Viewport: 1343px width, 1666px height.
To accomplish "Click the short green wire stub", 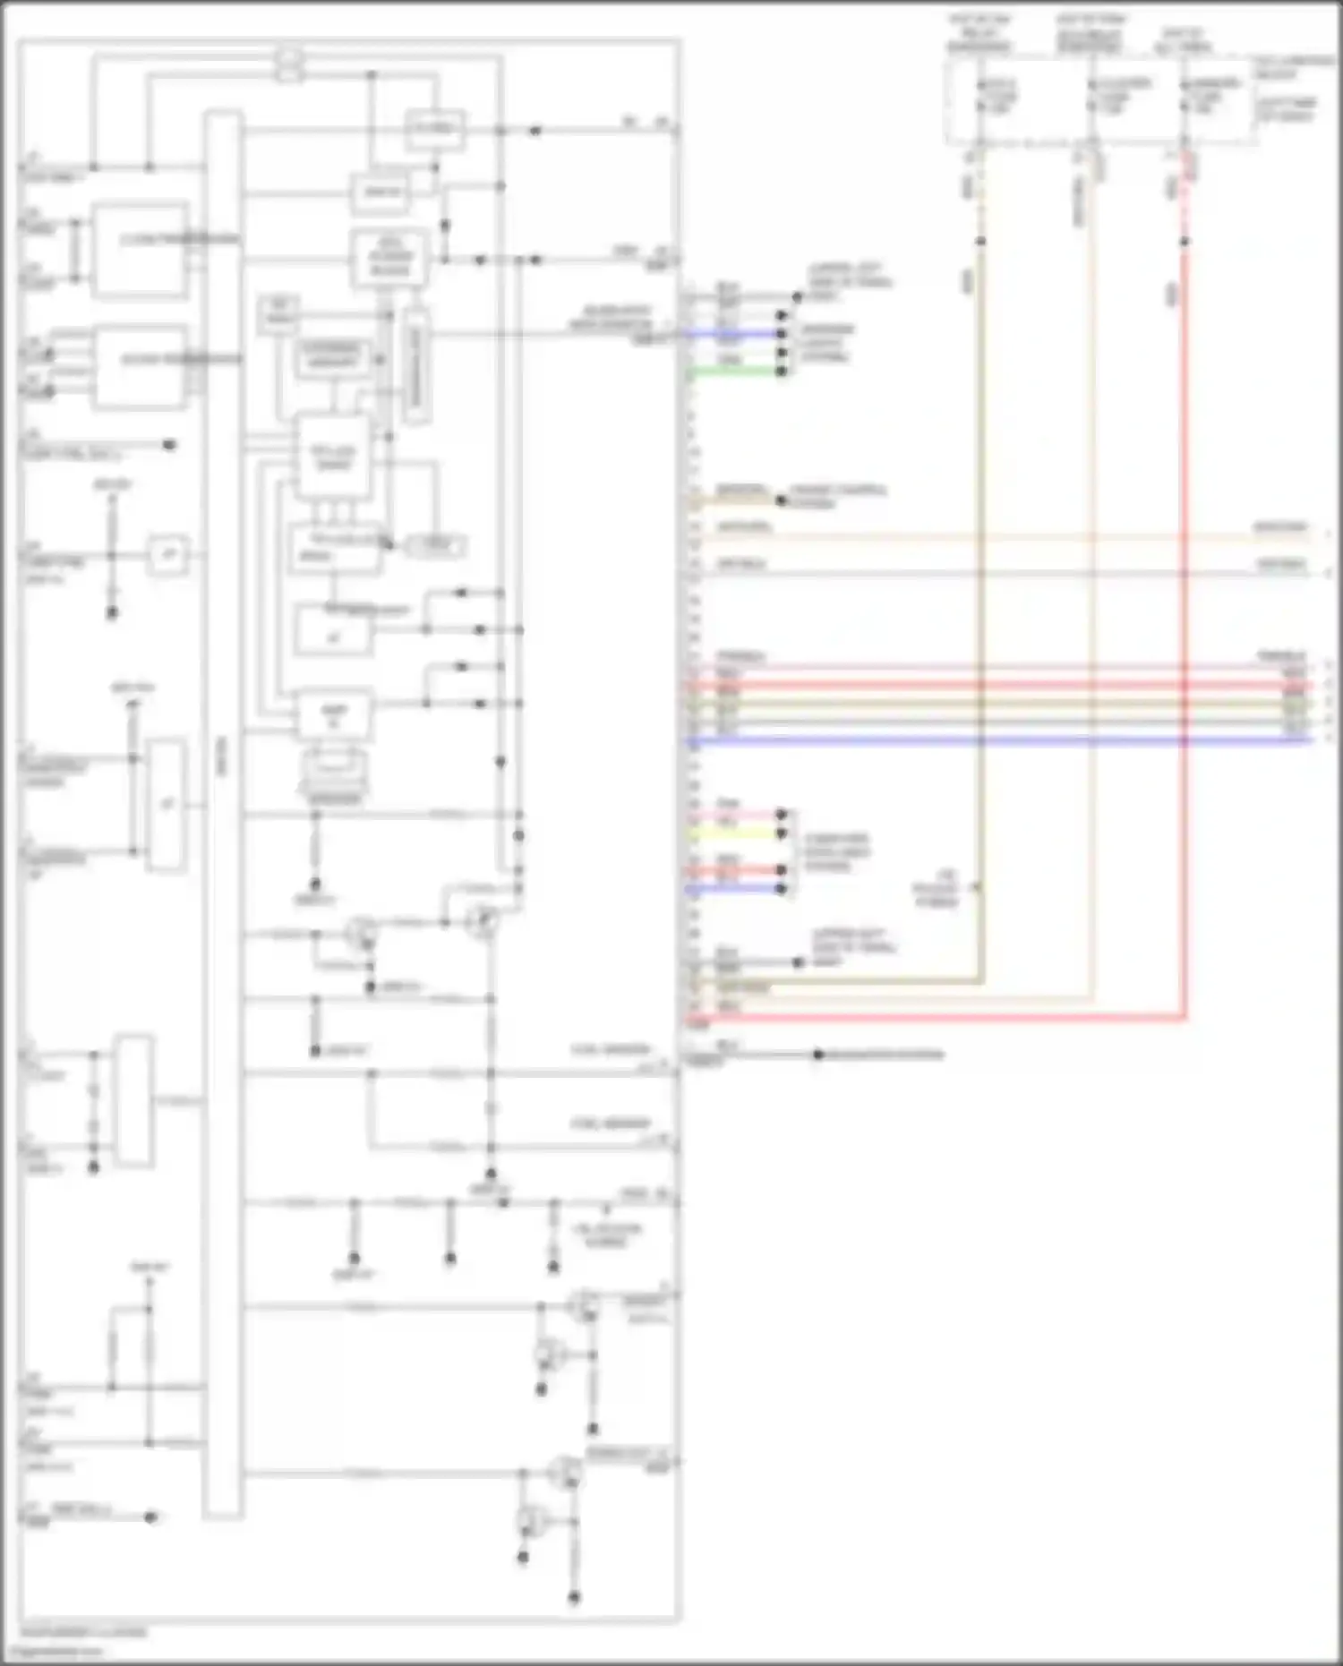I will tap(734, 371).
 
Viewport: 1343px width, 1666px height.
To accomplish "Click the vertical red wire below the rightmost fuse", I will tap(1185, 627).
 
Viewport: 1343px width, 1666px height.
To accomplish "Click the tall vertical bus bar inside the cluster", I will tap(223, 806).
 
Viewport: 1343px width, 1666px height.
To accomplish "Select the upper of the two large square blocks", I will tap(141, 250).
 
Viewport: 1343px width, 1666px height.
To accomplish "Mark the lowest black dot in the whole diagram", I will tap(574, 1597).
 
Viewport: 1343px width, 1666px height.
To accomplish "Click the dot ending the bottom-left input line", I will tap(150, 1516).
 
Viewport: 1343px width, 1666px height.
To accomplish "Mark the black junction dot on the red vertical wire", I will tap(1185, 242).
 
